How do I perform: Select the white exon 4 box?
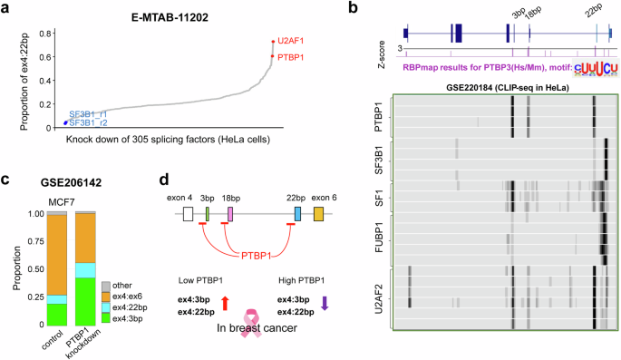[188, 215]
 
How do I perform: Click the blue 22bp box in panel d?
[297, 215]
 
